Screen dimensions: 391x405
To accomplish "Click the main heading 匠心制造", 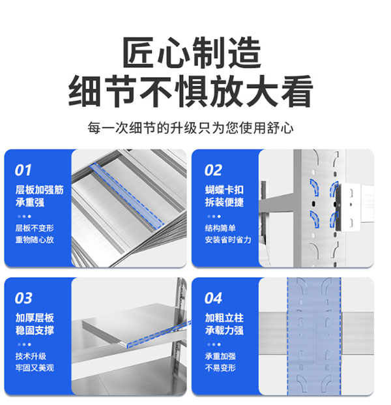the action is pos(192,52).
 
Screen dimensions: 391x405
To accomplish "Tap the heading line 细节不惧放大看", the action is pos(191,91).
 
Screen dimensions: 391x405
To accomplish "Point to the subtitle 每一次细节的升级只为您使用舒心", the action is pos(190,128).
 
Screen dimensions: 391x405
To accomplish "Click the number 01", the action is pos(23,170).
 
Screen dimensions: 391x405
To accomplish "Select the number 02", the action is pos(213,170).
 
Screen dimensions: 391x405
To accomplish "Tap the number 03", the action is pos(23,298).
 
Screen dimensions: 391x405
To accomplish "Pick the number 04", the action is pos(213,298).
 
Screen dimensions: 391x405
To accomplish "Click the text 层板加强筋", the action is pos(40,190).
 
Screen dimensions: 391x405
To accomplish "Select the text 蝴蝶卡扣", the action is pos(224,190).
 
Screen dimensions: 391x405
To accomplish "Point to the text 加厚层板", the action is pos(35,318).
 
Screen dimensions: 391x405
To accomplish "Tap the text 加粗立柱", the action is pos(224,318).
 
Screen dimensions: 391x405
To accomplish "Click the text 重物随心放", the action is pos(35,240).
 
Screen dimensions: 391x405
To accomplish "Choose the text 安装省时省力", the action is pos(228,240).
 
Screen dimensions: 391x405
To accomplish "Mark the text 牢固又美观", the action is pos(35,368).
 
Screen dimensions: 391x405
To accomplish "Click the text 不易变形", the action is pos(220,368).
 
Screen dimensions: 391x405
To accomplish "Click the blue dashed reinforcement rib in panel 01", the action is pos(127,196).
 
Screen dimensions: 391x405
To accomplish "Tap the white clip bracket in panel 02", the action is pos(349,207).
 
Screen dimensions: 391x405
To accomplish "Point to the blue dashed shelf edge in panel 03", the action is pos(160,334).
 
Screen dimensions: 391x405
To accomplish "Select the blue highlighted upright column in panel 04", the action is pos(314,337).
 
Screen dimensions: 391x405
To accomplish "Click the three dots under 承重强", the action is pos(24,217).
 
